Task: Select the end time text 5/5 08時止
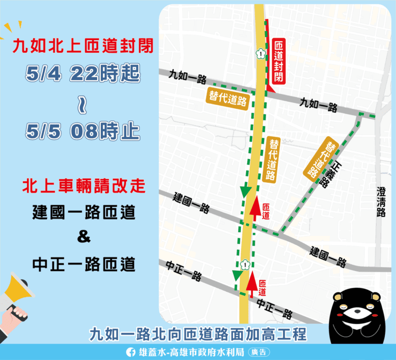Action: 83,130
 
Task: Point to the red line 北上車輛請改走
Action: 83,186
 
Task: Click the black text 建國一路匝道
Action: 83,213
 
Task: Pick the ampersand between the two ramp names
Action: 83,238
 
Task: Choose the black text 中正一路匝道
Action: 83,263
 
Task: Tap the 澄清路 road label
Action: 381,201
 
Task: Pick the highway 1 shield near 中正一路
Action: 243,263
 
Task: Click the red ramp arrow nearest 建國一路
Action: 254,208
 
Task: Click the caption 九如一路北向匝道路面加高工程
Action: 198,334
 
